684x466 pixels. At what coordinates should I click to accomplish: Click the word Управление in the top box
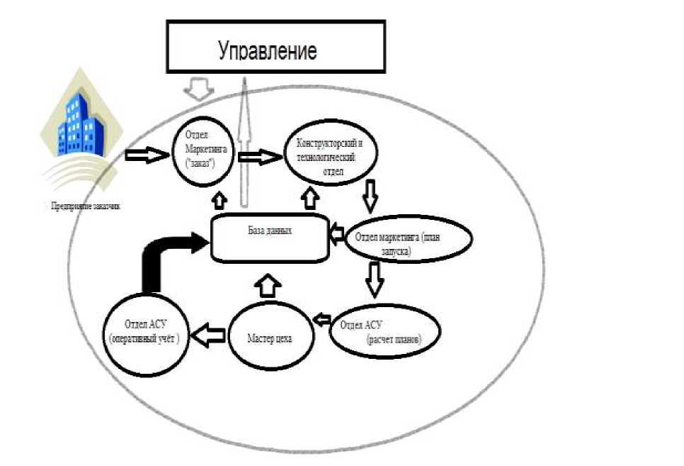pyautogui.click(x=267, y=51)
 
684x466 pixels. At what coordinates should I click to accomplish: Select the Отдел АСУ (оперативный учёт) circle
pyautogui.click(x=146, y=333)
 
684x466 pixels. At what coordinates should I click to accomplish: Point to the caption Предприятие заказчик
pyautogui.click(x=86, y=206)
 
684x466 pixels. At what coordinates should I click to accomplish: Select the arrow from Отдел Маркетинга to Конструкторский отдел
pyautogui.click(x=258, y=156)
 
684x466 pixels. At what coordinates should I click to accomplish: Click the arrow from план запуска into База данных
pyautogui.click(x=337, y=232)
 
